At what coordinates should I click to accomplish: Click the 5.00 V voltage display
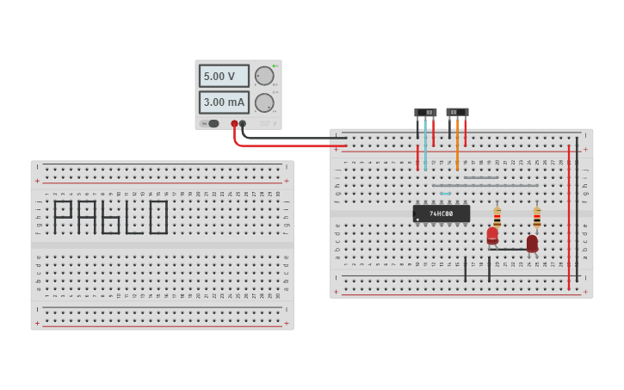[x=224, y=76]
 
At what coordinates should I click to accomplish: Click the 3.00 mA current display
[x=224, y=102]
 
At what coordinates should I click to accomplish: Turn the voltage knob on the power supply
[x=264, y=76]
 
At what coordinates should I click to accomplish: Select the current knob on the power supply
[x=264, y=102]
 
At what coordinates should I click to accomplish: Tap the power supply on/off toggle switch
[x=213, y=123]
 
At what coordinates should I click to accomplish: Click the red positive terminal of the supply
[x=234, y=124]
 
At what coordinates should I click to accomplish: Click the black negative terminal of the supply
[x=244, y=124]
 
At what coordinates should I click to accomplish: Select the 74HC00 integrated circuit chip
[x=442, y=213]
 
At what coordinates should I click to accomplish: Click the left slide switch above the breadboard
[x=425, y=113]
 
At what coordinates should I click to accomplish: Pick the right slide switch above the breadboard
[x=457, y=112]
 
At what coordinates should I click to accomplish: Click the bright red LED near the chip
[x=492, y=235]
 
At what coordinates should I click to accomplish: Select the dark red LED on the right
[x=532, y=244]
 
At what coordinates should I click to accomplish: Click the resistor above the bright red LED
[x=497, y=216]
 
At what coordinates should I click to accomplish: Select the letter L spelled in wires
[x=133, y=219]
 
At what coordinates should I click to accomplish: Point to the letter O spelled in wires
[x=158, y=217]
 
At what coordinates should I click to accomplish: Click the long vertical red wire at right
[x=568, y=215]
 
